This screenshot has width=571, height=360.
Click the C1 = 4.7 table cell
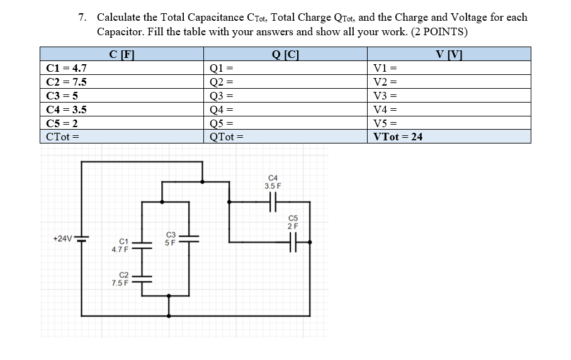point(122,69)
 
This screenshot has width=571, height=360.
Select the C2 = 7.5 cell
point(122,82)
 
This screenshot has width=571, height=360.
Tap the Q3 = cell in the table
point(286,96)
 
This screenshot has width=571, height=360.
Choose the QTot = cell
point(286,137)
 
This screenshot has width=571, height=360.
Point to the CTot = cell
point(122,137)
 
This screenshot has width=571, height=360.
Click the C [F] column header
point(122,55)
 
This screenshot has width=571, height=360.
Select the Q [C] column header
point(286,55)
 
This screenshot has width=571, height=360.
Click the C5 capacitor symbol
point(293,240)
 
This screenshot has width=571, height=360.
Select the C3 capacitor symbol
point(188,239)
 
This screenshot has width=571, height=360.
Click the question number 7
point(82,17)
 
